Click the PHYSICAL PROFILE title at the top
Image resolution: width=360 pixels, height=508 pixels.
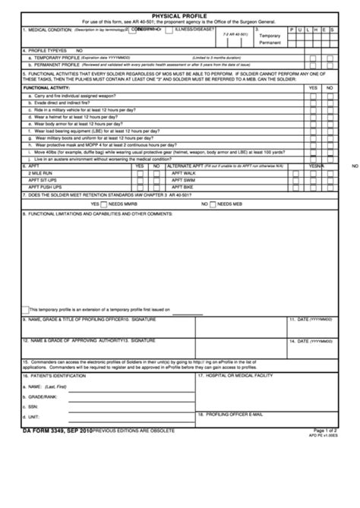click(180, 14)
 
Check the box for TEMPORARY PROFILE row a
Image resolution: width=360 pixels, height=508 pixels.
click(314, 58)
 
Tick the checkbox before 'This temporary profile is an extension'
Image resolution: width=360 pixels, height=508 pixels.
click(25, 309)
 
